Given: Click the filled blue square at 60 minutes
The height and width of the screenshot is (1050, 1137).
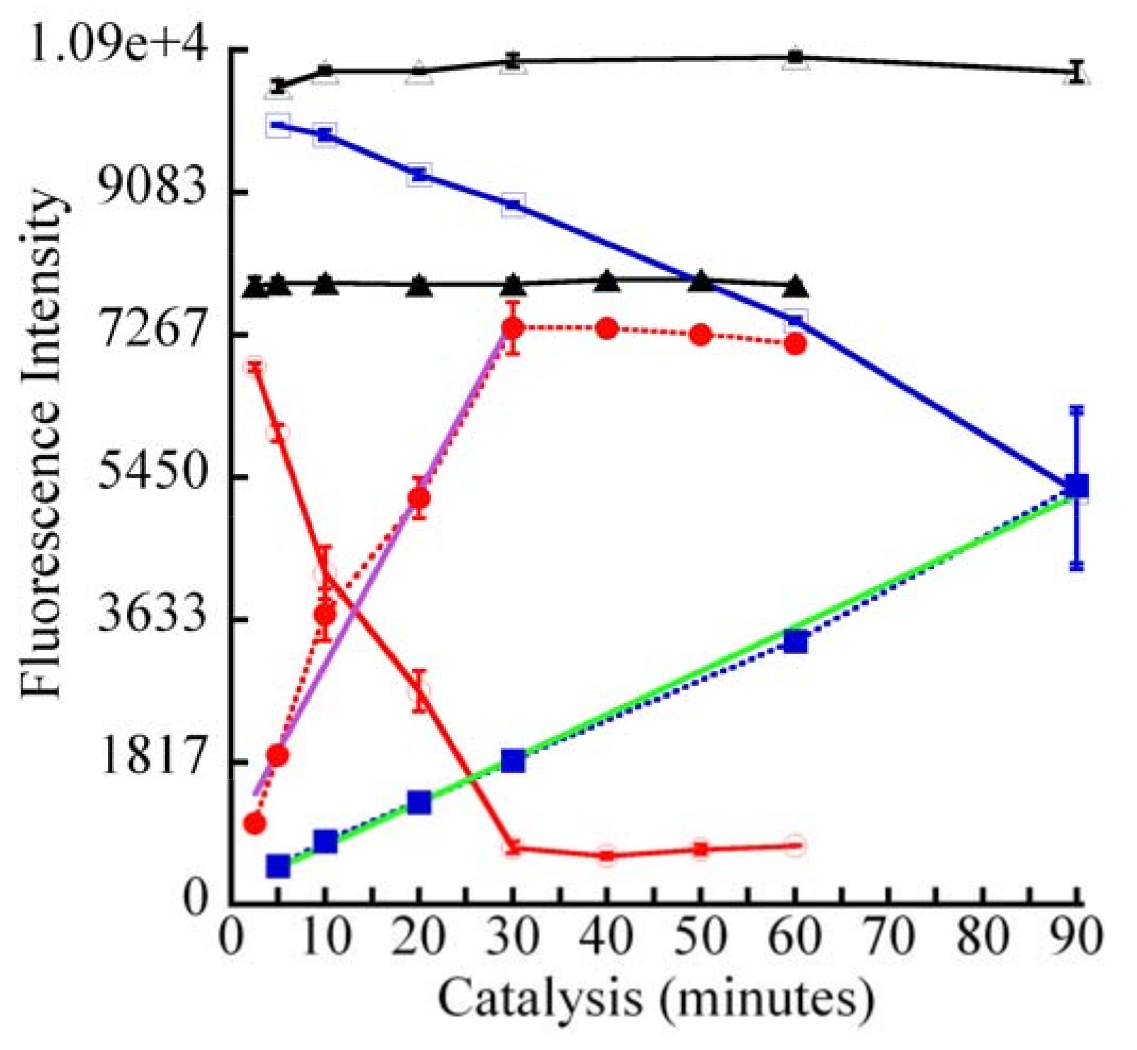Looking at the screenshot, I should click(x=795, y=641).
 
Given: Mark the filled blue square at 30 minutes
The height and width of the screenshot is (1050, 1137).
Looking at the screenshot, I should click(x=513, y=760).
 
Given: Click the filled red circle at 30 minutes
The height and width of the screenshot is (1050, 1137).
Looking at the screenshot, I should click(x=513, y=328).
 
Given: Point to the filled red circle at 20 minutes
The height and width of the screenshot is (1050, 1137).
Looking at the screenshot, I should click(x=419, y=498).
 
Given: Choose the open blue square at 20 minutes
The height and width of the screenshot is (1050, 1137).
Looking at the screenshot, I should click(x=419, y=174).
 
